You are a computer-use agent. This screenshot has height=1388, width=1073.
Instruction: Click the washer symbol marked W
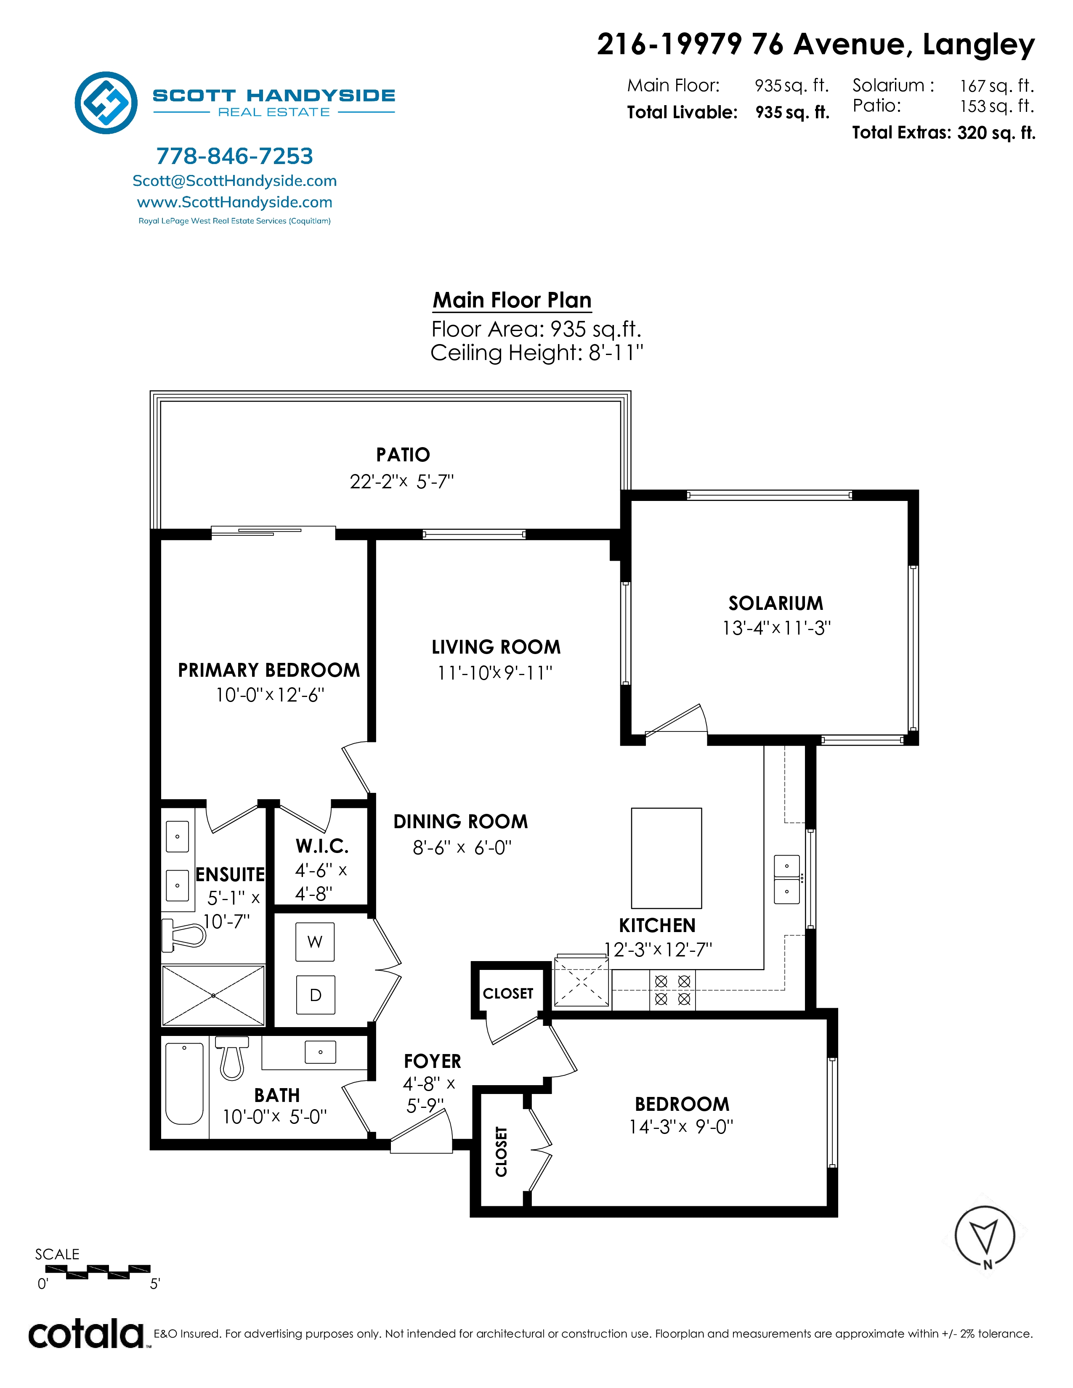[315, 942]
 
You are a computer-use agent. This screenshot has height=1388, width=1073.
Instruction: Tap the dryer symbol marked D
[315, 995]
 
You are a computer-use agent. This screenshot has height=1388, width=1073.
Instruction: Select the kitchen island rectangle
[666, 858]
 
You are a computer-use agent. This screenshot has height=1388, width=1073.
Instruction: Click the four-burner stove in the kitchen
[672, 990]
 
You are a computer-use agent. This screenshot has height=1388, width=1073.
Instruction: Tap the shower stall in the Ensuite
[213, 995]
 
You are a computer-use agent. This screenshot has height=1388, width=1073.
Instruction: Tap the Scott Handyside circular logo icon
[106, 102]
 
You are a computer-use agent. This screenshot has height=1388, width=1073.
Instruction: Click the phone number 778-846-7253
[234, 156]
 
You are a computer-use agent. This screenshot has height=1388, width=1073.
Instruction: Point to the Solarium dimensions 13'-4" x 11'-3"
[776, 628]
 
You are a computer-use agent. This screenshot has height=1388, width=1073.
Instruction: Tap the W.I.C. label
[322, 846]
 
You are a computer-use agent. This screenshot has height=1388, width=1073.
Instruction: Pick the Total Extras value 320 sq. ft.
[996, 133]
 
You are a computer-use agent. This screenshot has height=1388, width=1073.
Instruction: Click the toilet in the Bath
[232, 1058]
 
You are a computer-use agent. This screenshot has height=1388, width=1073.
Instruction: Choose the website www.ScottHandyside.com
[234, 202]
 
